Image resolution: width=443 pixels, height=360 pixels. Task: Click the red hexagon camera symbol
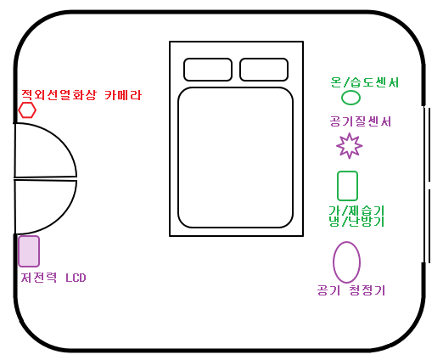pyautogui.click(x=27, y=110)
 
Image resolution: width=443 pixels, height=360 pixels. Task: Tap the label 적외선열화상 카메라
pyautogui.click(x=81, y=95)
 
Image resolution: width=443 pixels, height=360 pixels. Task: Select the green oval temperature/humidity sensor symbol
pyautogui.click(x=350, y=98)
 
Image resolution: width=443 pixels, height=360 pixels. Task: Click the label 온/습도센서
pyautogui.click(x=365, y=82)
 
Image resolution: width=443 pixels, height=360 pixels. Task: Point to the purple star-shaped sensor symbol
pyautogui.click(x=350, y=146)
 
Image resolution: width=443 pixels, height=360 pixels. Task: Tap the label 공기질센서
pyautogui.click(x=361, y=121)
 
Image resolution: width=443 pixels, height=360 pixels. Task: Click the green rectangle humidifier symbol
pyautogui.click(x=347, y=186)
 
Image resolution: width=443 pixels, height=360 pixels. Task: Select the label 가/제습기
pyautogui.click(x=356, y=211)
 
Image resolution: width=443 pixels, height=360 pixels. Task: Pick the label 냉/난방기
pyautogui.click(x=356, y=222)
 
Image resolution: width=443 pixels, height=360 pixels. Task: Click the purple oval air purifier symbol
pyautogui.click(x=346, y=262)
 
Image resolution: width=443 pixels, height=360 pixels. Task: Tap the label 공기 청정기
pyautogui.click(x=351, y=290)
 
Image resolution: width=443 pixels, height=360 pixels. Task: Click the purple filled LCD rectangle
pyautogui.click(x=29, y=251)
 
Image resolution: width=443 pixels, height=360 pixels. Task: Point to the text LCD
pyautogui.click(x=76, y=278)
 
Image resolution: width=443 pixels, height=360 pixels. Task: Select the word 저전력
pyautogui.click(x=39, y=278)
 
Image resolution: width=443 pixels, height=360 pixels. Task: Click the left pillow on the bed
pyautogui.click(x=208, y=70)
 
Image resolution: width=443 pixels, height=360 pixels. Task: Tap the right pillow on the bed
pyautogui.click(x=264, y=70)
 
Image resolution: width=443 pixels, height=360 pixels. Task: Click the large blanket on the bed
pyautogui.click(x=235, y=158)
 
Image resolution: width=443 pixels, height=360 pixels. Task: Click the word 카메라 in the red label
pyautogui.click(x=123, y=95)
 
